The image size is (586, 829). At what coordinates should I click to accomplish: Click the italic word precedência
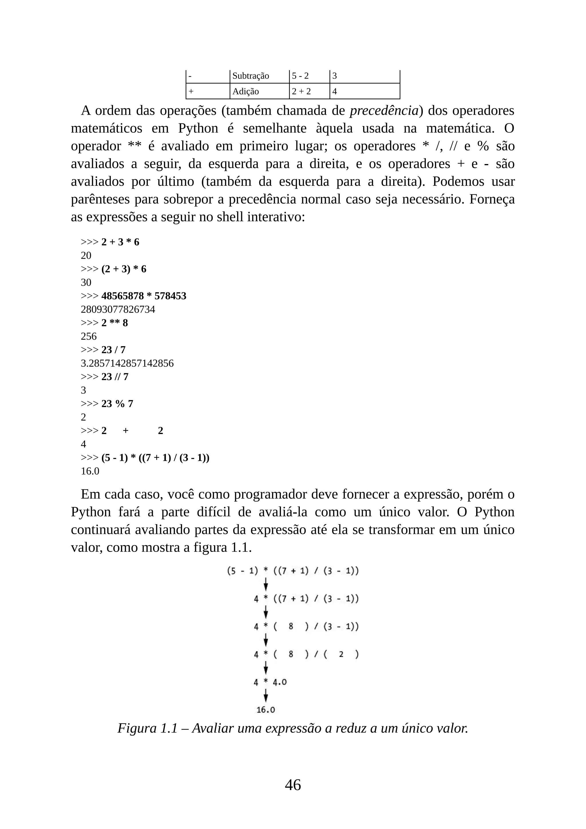pos(384,110)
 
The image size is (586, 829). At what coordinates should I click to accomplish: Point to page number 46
pos(293,785)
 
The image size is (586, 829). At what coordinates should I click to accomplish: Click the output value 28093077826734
pos(118,309)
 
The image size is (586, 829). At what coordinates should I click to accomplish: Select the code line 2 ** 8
pos(114,323)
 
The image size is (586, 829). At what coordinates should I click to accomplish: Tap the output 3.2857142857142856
pos(127,363)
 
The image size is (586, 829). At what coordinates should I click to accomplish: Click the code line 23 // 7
pos(114,377)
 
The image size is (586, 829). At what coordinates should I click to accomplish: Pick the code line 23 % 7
pos(117,404)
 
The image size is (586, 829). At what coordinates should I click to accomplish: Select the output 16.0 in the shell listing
pos(90,471)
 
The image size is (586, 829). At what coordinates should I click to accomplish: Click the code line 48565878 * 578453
pos(143,296)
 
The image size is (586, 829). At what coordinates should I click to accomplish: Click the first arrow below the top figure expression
pos(266,584)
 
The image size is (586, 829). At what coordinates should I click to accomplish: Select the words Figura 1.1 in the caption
pos(148,728)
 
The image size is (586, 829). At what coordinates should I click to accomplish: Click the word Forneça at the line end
pos(492,199)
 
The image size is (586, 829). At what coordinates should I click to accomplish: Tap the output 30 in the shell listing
pos(86,282)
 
